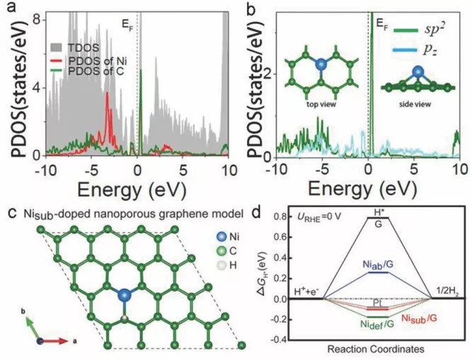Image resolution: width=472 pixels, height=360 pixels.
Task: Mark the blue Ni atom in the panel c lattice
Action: tap(125, 294)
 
